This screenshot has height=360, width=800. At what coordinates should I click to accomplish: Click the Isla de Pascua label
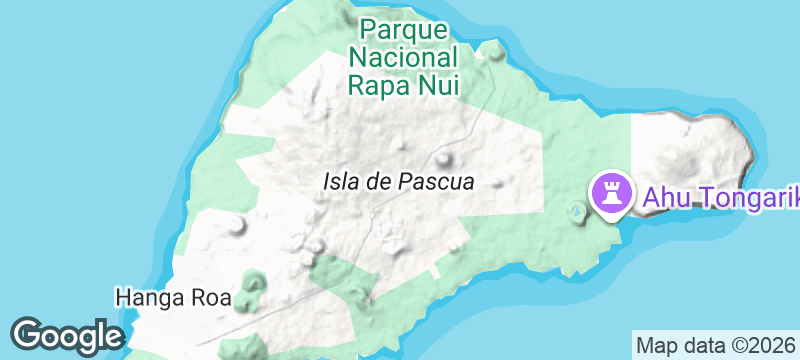coord(398,182)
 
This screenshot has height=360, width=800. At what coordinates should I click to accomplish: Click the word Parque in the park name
coord(404,29)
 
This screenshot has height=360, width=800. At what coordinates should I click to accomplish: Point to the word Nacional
coord(404,56)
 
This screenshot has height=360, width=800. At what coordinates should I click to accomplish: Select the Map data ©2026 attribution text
coord(716,345)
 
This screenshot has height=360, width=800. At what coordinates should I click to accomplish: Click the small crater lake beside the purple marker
coord(576,211)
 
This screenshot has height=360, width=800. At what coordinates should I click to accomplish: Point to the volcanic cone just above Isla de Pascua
coord(444,158)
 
